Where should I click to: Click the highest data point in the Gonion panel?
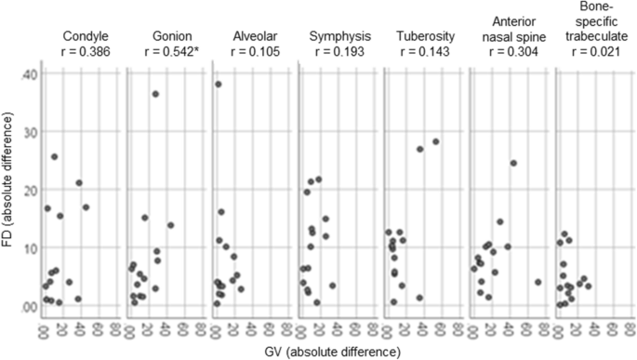click(x=155, y=94)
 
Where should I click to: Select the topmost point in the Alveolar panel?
click(x=219, y=85)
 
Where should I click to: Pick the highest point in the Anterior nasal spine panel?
click(x=513, y=164)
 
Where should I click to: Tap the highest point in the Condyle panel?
click(x=55, y=157)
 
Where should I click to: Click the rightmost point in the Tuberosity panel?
click(x=435, y=142)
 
